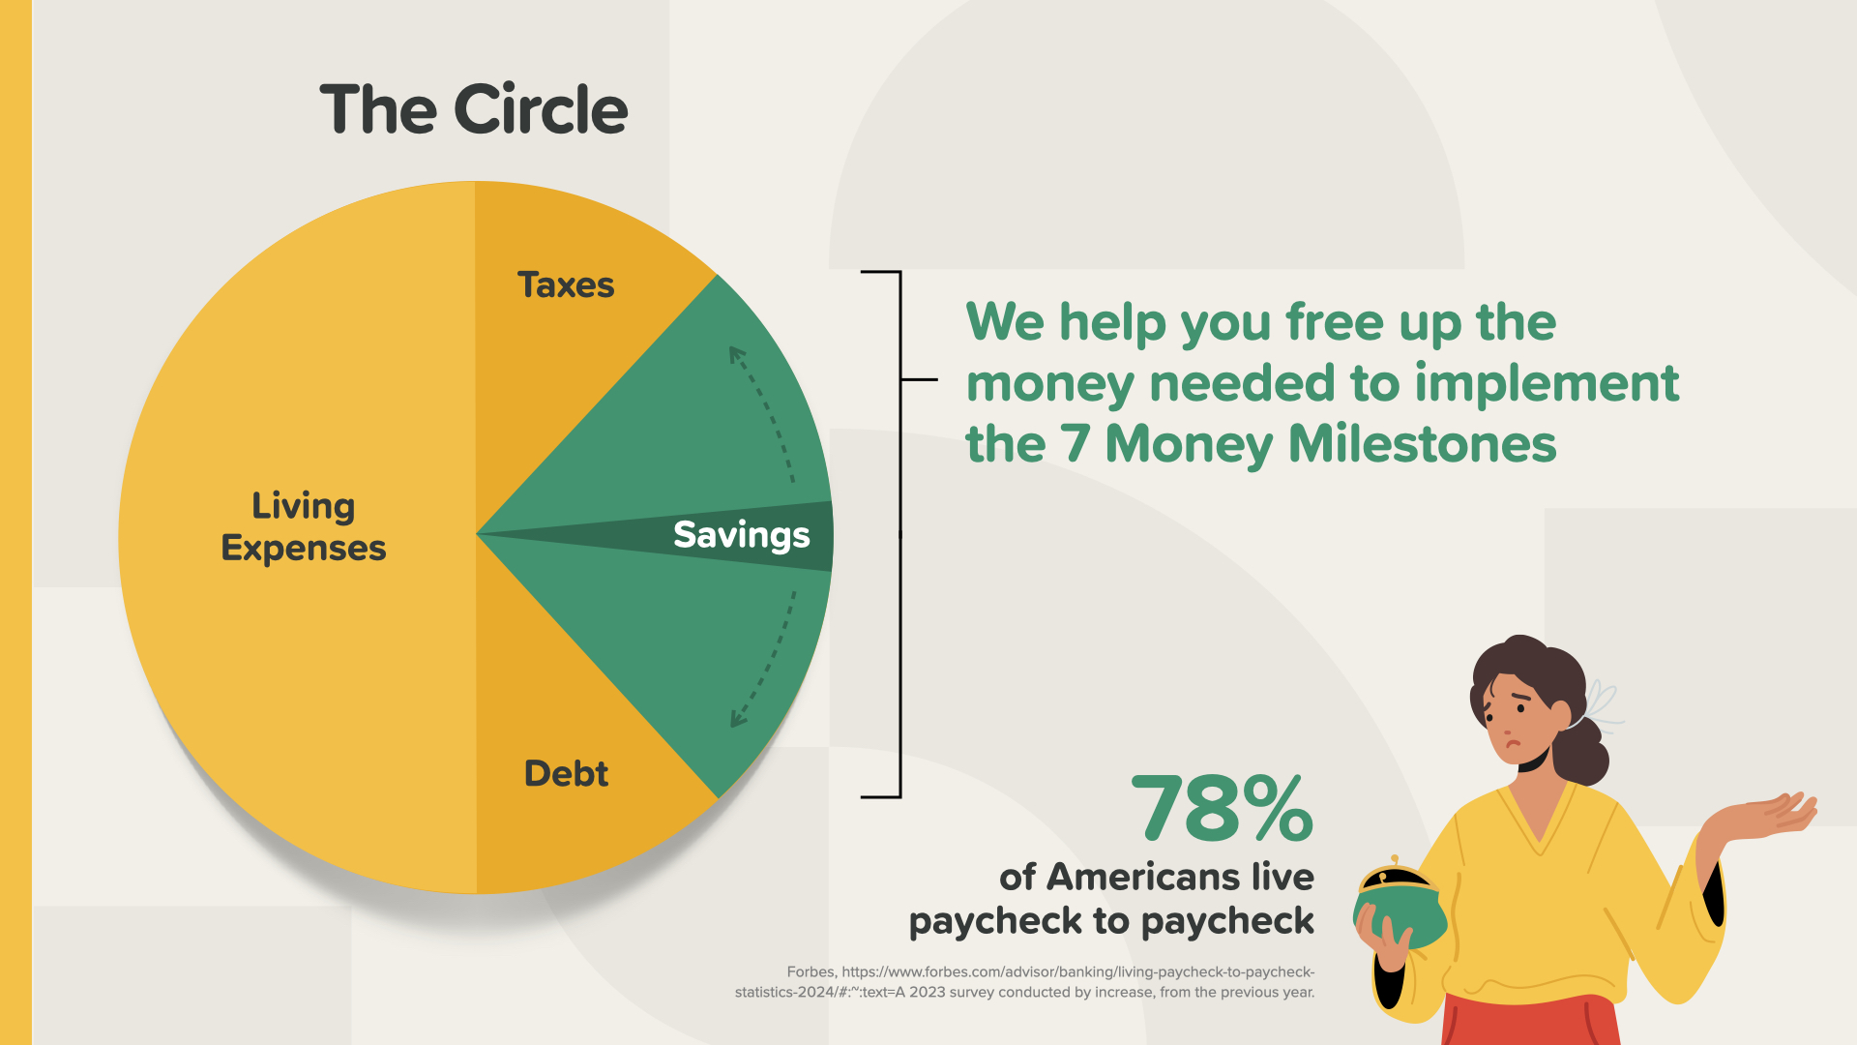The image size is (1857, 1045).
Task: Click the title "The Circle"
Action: pos(474,108)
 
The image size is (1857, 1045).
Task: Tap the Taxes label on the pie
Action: pos(566,285)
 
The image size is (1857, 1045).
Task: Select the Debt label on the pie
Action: pos(566,773)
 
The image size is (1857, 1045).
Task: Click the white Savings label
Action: pos(742,536)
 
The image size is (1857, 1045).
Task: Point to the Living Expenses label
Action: pos(304,526)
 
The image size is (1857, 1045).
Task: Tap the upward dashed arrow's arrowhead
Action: pos(738,356)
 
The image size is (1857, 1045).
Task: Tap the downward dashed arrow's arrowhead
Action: pos(740,717)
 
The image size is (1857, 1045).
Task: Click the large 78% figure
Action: pos(1223,809)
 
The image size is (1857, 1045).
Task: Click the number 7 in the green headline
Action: pos(1074,444)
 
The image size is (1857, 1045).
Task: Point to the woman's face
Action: pos(1518,721)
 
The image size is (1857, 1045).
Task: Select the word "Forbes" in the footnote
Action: pos(811,971)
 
